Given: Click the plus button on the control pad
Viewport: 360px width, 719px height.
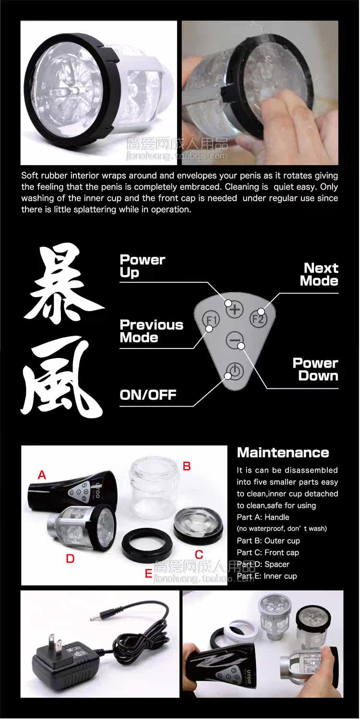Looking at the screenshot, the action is coord(235,310).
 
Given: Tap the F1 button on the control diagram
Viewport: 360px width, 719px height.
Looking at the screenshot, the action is coord(211,320).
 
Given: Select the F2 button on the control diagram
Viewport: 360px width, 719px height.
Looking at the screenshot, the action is coord(258,318).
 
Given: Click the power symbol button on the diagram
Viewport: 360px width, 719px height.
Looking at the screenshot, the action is coord(235,371).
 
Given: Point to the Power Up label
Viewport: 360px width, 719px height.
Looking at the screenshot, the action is coord(142,266).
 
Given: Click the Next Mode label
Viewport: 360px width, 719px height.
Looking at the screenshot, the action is coord(319,275).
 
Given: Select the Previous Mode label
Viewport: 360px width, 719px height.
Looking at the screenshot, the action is coord(151,331).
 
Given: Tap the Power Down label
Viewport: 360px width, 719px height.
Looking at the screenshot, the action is coord(315,370).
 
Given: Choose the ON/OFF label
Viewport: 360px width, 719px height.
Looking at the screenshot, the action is coord(148,395).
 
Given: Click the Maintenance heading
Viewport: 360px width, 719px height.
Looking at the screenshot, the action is coord(283,453).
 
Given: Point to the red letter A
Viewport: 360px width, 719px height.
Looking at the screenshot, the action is coord(42,475).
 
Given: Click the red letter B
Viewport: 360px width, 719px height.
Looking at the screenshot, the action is coord(187,466).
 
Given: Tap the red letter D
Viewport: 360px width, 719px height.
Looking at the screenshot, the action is coord(70,559).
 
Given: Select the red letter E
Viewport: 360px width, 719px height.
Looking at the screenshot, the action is coord(148,574).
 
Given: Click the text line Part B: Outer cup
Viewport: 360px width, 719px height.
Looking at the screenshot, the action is coord(268,541).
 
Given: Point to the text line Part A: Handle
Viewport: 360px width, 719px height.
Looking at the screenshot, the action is coord(263,517).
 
